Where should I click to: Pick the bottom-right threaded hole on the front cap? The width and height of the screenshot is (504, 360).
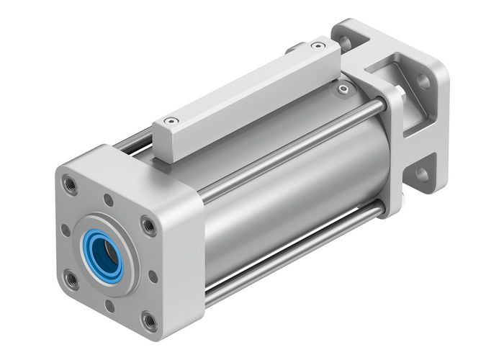(148, 318)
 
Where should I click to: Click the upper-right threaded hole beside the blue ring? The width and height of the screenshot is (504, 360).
(148, 225)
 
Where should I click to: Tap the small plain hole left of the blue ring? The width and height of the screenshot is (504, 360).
(66, 230)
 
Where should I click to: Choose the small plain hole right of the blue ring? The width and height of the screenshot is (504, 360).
(153, 275)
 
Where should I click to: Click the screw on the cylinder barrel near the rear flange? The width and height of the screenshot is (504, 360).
(343, 89)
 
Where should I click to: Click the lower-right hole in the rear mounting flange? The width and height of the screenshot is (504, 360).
(421, 174)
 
